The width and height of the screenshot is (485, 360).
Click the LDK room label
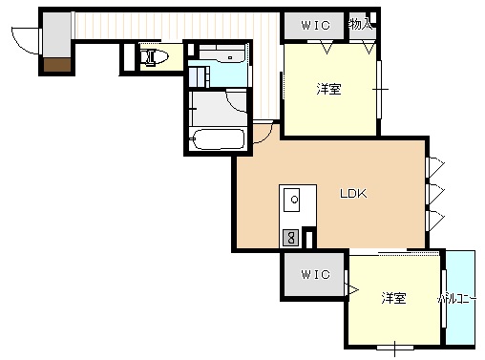coord(353,193)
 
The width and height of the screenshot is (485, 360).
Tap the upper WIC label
coord(315,25)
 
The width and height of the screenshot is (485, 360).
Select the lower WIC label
coord(315,274)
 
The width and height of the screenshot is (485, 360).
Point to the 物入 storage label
coord(360,24)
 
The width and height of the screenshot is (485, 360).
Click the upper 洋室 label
coord(328,89)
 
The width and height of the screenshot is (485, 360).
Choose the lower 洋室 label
coord(393,298)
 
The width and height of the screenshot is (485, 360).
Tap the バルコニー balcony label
coord(456,299)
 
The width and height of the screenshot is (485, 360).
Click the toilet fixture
coord(155,57)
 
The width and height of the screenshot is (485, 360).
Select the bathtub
coord(219,139)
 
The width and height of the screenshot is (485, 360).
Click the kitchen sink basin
coord(292,200)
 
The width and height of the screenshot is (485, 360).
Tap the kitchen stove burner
coord(291,238)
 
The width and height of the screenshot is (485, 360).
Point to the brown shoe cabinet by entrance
coord(57,65)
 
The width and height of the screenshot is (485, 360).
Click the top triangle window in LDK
coord(435,165)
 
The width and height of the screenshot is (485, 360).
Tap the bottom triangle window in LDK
coord(435,219)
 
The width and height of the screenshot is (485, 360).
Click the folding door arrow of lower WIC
coord(352,290)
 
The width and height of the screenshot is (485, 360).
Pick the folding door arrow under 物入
coord(369,48)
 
